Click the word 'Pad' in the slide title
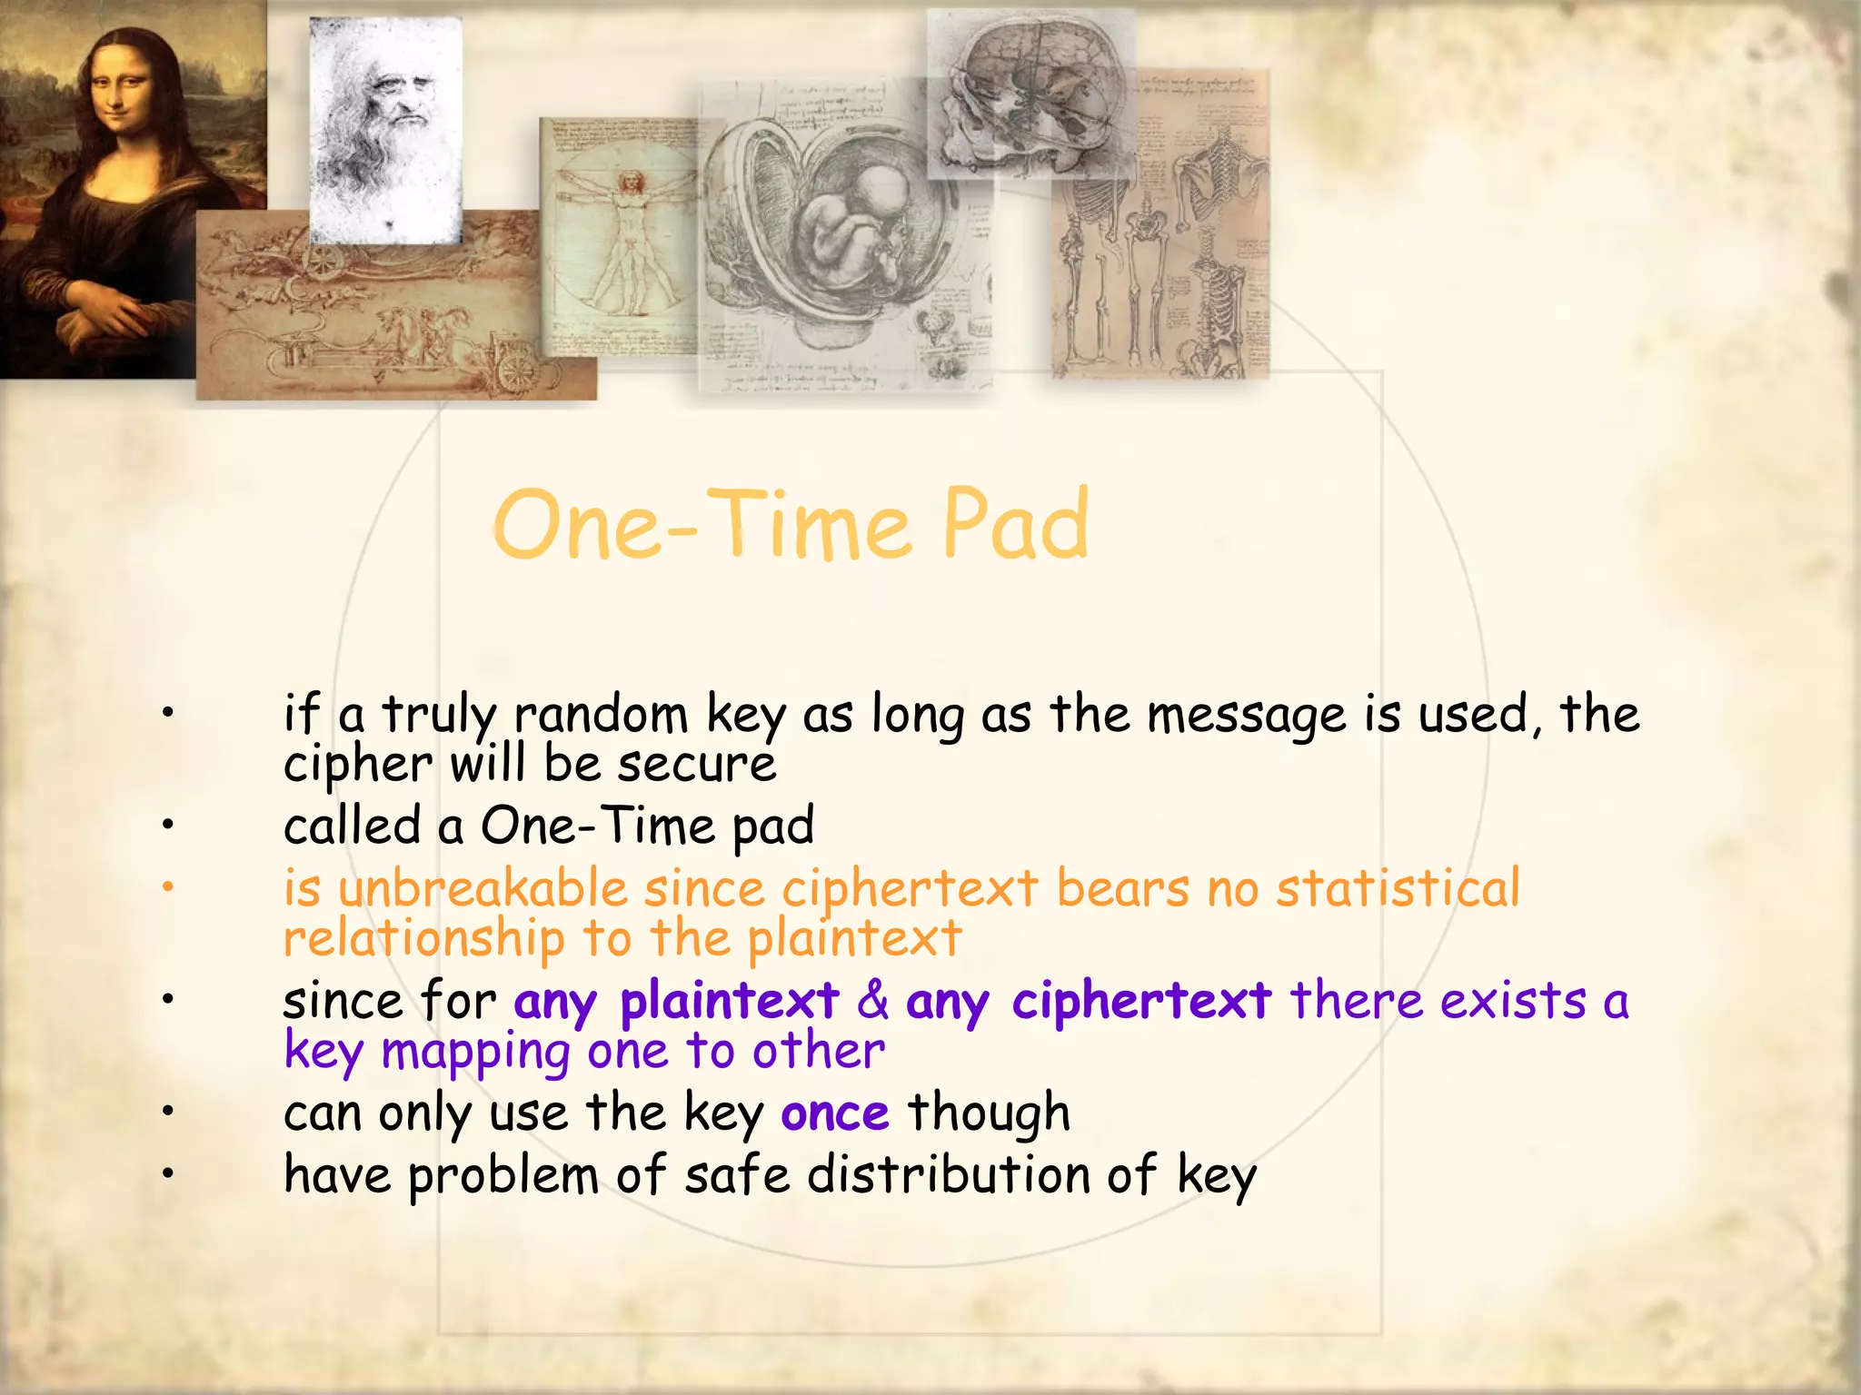tap(1014, 525)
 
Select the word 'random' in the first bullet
tap(601, 715)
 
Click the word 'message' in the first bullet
tap(1246, 715)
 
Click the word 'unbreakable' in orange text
tap(483, 888)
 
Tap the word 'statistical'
tap(1398, 888)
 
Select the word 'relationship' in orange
tap(423, 937)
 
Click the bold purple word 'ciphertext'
tap(1141, 1001)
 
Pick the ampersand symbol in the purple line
tap(872, 1000)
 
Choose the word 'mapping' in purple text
tap(475, 1052)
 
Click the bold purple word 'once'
tap(835, 1113)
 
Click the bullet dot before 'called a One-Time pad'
tap(167, 826)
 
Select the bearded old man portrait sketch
tap(385, 127)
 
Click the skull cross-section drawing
tap(1031, 95)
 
